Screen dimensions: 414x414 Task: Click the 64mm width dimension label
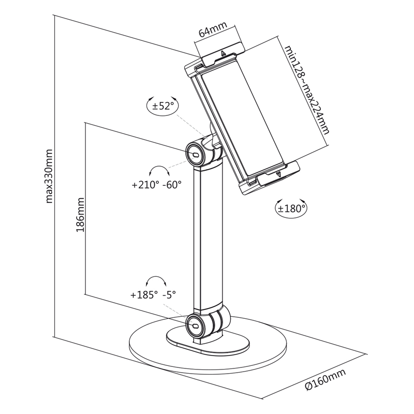tap(211, 32)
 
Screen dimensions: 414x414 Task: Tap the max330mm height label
tap(50, 176)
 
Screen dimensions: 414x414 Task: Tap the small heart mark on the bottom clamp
tap(279, 174)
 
